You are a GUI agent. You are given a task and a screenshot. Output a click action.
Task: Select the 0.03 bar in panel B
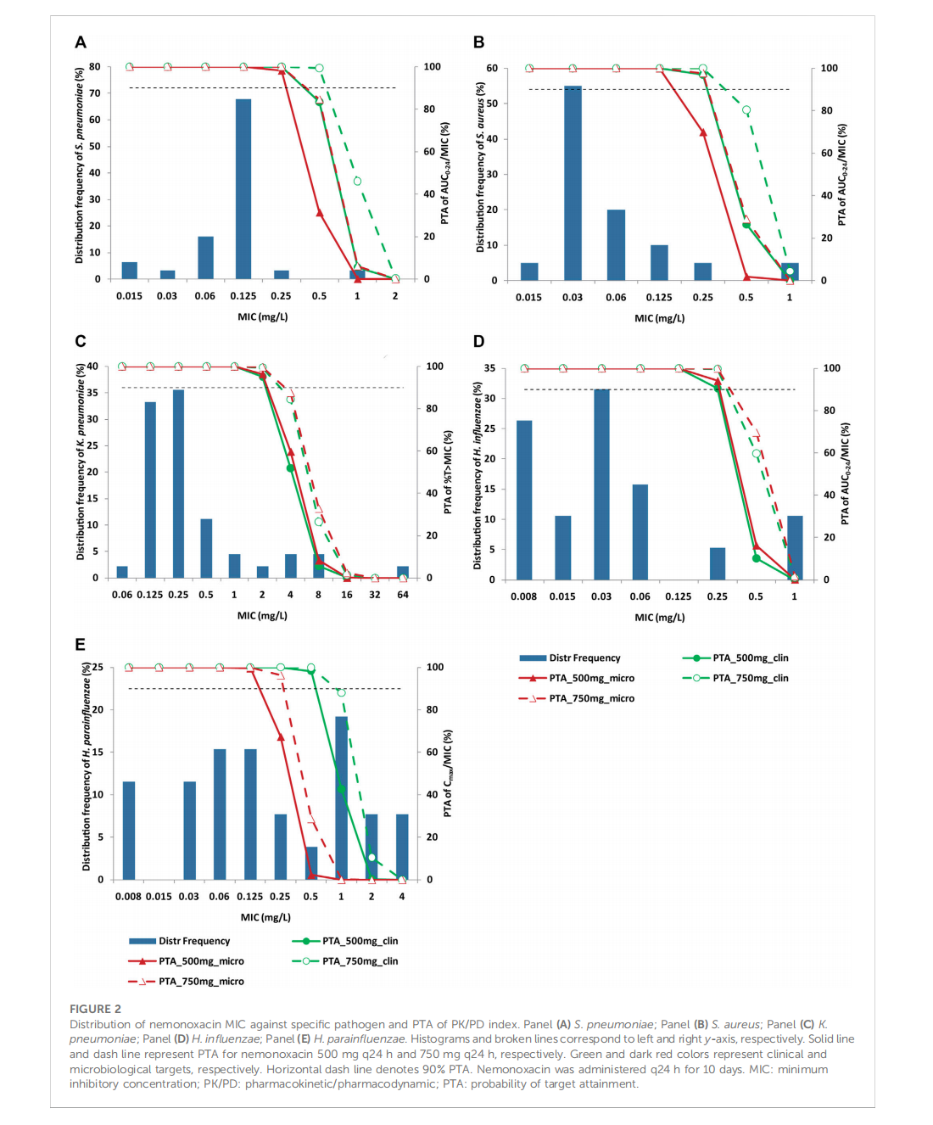(x=573, y=182)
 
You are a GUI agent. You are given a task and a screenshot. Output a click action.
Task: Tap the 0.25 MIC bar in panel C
(x=178, y=484)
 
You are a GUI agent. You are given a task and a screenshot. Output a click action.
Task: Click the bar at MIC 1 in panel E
(x=341, y=798)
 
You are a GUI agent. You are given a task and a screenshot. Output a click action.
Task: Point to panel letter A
(x=81, y=42)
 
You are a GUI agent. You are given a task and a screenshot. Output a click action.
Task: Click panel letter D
(x=479, y=341)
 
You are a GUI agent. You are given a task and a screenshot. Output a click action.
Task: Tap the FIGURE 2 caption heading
(x=95, y=1009)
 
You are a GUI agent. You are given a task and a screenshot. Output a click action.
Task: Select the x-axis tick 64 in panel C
(x=403, y=595)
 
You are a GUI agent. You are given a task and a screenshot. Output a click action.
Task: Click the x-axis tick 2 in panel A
(x=395, y=296)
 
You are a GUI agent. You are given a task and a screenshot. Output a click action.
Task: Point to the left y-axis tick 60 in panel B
(x=492, y=68)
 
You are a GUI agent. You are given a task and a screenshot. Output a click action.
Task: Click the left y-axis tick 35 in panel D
(x=490, y=368)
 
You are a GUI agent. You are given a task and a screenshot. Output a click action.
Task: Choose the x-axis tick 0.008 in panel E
(x=128, y=896)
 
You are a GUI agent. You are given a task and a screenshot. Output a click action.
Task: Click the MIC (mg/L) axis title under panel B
(x=659, y=318)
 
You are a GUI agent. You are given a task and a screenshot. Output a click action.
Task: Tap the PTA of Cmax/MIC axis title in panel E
(x=448, y=773)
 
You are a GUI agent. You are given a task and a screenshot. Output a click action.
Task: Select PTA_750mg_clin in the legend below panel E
(x=360, y=961)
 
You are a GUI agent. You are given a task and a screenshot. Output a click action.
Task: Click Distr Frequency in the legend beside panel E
(x=584, y=658)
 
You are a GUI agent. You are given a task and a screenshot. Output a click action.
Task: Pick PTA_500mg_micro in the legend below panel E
(x=201, y=961)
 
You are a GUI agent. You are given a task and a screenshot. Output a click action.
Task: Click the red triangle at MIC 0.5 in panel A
(x=319, y=213)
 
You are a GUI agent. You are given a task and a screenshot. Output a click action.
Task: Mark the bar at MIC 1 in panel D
(x=795, y=547)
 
